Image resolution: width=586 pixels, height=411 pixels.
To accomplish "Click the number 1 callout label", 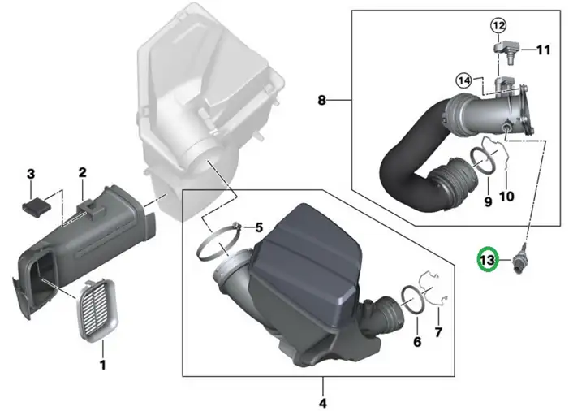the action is click(103, 364).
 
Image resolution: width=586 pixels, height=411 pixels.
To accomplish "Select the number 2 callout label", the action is click(82, 172).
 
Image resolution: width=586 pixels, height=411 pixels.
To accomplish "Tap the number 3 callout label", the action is click(31, 174).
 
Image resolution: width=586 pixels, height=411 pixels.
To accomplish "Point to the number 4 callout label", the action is click(323, 403).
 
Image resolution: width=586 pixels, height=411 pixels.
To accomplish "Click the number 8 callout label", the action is click(321, 100).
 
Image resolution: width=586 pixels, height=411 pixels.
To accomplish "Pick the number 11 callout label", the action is click(544, 50).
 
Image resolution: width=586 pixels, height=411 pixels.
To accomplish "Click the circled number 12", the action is click(498, 25).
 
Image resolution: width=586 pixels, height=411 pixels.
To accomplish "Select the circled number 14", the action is click(463, 80).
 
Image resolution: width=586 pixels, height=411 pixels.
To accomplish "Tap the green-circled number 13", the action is click(488, 260).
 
